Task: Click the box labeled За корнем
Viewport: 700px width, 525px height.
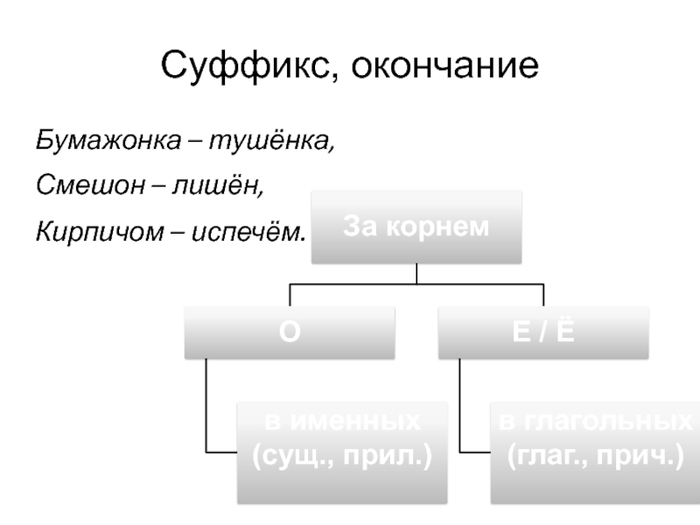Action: click(x=416, y=227)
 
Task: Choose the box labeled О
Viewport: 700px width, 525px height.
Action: click(x=289, y=332)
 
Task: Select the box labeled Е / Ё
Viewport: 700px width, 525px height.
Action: click(x=543, y=332)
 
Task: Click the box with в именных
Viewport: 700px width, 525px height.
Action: click(x=342, y=451)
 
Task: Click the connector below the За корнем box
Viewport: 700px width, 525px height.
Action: click(x=416, y=275)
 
